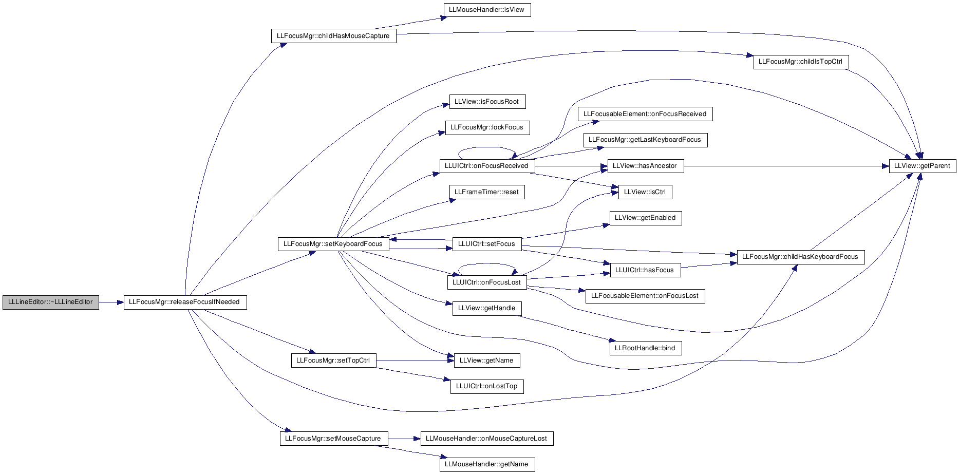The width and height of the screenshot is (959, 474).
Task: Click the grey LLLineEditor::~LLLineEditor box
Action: coord(50,302)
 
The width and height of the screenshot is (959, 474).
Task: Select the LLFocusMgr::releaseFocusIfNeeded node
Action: coord(185,302)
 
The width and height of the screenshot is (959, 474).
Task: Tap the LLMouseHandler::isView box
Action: coord(487,10)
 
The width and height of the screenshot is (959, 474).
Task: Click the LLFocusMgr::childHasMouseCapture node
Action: coord(333,36)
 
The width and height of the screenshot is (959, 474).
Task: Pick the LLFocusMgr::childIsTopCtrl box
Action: coord(801,62)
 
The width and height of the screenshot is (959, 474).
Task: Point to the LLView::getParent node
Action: coord(923,166)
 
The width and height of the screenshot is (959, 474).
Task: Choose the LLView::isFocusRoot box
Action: coord(487,102)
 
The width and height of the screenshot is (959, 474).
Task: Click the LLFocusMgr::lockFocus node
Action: coord(487,127)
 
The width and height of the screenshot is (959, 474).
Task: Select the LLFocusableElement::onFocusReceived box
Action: coord(645,114)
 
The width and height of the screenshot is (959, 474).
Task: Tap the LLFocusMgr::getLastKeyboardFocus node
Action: coord(645,140)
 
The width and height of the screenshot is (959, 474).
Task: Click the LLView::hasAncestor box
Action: coord(645,166)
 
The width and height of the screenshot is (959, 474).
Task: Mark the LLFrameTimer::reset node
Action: coord(487,192)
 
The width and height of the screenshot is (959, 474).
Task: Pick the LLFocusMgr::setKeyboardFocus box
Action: coord(333,244)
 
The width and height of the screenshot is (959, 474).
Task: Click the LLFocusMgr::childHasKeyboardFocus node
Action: coord(801,257)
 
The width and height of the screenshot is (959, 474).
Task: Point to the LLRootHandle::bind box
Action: coord(645,348)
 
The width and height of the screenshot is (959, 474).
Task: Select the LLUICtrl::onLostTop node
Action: coord(487,386)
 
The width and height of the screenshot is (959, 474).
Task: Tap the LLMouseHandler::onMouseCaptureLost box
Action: coord(487,439)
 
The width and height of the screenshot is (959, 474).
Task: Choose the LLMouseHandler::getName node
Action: coord(487,464)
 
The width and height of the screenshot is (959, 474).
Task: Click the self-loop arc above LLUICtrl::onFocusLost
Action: coord(487,264)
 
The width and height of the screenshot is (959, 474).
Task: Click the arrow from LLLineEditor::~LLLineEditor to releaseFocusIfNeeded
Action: coord(111,302)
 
